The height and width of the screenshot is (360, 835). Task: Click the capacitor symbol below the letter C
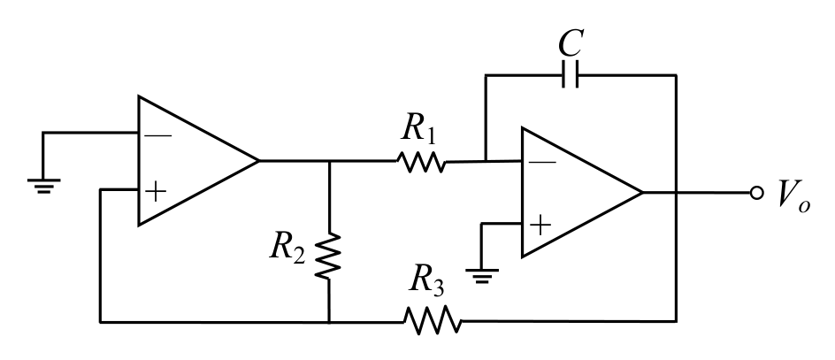click(x=570, y=74)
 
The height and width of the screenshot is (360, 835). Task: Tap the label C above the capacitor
click(x=571, y=42)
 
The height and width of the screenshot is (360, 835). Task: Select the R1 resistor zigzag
click(x=421, y=162)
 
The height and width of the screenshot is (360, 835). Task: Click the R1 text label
click(x=419, y=128)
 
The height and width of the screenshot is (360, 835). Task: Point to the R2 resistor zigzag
click(x=328, y=256)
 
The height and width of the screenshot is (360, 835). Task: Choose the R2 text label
click(x=287, y=247)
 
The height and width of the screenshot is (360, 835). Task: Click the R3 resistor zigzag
click(x=433, y=320)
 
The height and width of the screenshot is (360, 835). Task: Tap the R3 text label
click(x=426, y=279)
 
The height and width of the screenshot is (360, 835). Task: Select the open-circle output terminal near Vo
click(x=757, y=193)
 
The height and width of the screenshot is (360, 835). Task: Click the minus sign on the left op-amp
click(x=158, y=136)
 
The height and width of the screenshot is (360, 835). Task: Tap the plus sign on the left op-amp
click(x=156, y=192)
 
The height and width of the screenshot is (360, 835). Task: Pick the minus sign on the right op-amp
click(x=542, y=162)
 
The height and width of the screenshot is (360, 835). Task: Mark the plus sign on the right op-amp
click(x=540, y=225)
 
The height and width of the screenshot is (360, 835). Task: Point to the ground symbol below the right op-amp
click(x=482, y=276)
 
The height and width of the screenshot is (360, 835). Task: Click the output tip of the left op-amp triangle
click(x=259, y=160)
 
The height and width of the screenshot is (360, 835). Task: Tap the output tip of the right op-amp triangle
click(x=643, y=192)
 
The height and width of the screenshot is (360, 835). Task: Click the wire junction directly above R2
click(x=329, y=160)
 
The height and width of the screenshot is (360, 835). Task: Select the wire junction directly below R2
click(x=329, y=322)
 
